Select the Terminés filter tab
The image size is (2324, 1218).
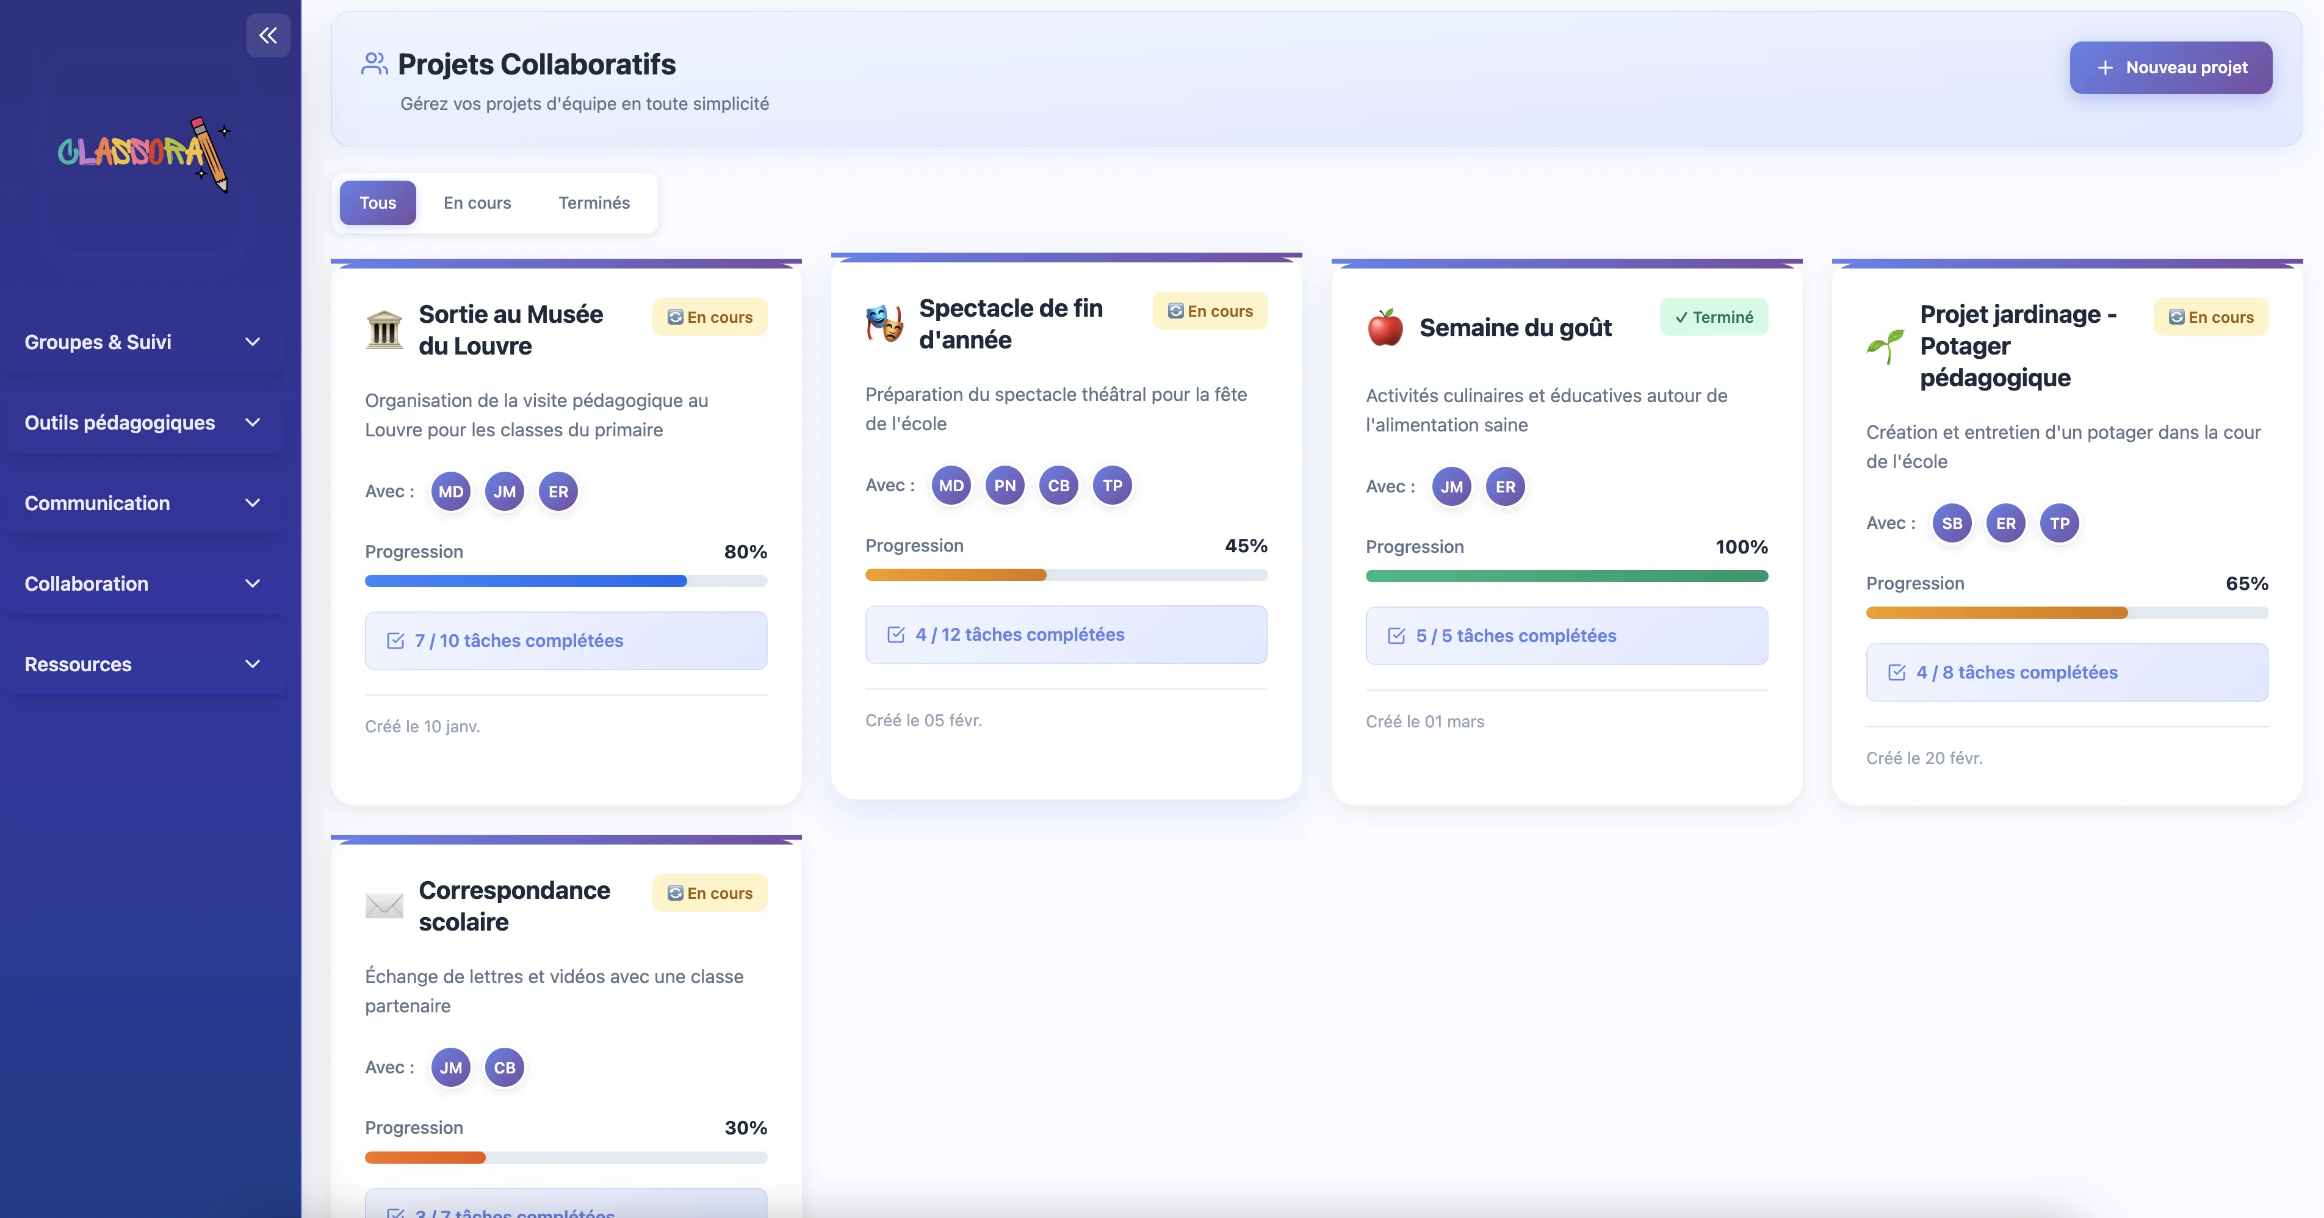(594, 203)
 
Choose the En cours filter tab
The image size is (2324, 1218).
(477, 203)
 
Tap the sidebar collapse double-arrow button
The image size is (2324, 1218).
(268, 35)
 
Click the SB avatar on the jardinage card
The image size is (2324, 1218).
(1951, 524)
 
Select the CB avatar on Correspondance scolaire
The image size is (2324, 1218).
(504, 1067)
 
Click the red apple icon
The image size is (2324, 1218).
(1385, 328)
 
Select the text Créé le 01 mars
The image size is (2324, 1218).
(1424, 722)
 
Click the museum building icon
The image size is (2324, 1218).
(384, 330)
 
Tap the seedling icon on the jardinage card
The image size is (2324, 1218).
(1885, 347)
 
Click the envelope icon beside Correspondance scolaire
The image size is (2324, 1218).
(384, 906)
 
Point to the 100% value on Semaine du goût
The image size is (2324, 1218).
(1741, 547)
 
